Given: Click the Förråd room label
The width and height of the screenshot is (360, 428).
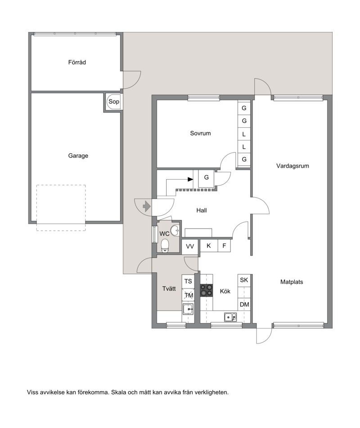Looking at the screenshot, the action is click(77, 63).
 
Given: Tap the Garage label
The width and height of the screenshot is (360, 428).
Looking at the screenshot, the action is click(78, 156).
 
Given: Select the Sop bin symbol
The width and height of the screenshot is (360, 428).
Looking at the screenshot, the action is click(113, 102).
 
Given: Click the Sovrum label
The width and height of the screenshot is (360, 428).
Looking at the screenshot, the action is click(200, 134).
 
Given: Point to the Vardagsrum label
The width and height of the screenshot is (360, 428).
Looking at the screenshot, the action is click(292, 166).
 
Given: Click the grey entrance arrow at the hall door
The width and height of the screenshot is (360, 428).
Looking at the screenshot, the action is click(147, 206).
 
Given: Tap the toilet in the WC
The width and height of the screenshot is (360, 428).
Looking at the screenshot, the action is click(165, 246).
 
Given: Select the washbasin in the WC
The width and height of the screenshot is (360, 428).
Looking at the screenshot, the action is click(175, 230).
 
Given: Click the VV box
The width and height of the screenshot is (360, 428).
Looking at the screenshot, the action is click(190, 247).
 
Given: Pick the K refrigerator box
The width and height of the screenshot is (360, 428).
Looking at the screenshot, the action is click(209, 246).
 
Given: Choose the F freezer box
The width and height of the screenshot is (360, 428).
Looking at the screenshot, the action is click(224, 246).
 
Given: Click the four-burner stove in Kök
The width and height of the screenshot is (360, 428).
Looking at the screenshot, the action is click(207, 290).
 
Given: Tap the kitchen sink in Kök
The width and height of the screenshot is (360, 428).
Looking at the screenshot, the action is click(230, 317).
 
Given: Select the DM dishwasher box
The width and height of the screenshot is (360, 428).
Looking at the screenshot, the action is click(244, 304).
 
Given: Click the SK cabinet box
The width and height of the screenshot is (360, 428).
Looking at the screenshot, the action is click(244, 280).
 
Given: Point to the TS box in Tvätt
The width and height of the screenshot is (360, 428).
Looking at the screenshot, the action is click(188, 281).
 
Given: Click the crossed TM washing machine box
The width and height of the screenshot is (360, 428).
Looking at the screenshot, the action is click(188, 295).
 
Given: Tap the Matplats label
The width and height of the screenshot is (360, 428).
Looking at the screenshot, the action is click(292, 282).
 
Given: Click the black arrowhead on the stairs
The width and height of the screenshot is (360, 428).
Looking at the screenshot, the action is click(190, 179).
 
